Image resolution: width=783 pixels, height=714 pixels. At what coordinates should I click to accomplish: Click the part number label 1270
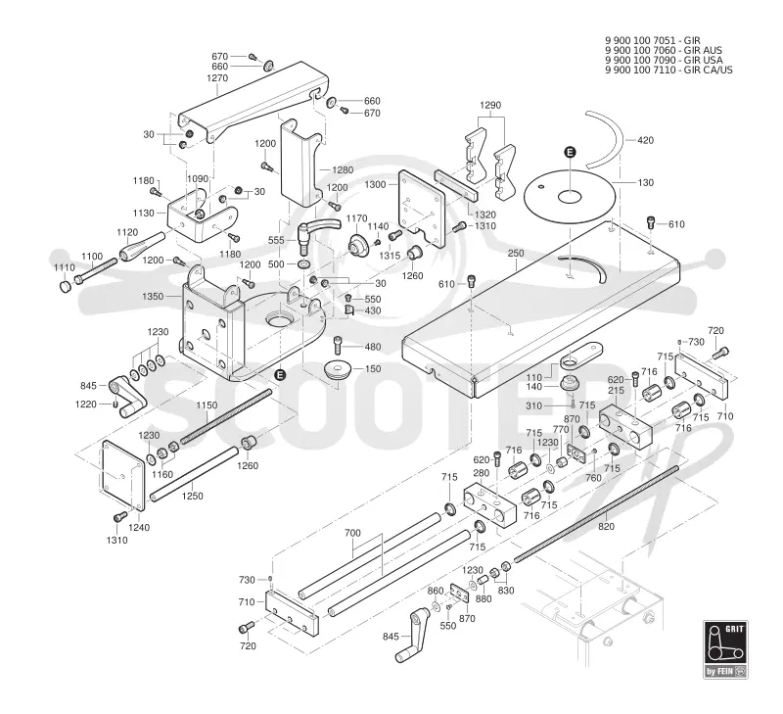point(217,78)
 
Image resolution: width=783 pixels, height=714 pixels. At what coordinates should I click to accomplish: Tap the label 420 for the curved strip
point(646,140)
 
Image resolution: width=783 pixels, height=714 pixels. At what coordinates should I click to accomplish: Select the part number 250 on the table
point(516,254)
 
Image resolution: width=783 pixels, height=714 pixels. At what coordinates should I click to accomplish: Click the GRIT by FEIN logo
point(725,649)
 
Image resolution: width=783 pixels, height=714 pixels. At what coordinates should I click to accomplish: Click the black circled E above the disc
point(570,152)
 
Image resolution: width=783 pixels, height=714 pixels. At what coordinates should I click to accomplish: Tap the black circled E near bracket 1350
point(281,375)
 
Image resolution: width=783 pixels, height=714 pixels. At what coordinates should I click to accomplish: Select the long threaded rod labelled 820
point(596,514)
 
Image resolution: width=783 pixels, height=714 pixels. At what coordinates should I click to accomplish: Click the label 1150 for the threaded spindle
point(207,405)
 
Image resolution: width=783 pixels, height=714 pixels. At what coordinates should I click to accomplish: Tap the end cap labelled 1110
point(65,287)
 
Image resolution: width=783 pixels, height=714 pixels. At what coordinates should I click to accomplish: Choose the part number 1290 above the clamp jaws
point(490,106)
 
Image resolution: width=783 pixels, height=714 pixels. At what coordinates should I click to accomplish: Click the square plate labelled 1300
point(422,209)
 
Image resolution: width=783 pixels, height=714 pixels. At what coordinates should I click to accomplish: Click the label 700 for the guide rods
point(352,533)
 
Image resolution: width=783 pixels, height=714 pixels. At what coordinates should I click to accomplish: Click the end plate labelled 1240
point(123,476)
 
